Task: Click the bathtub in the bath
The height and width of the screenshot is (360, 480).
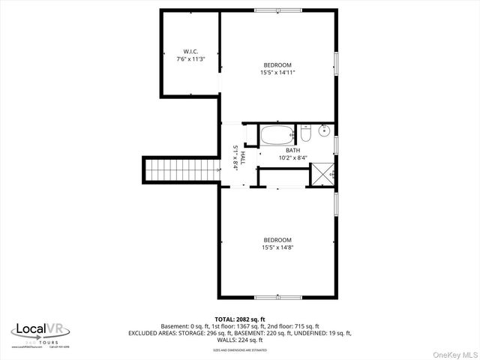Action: point(277,136)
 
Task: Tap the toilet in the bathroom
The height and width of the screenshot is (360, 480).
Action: point(305,135)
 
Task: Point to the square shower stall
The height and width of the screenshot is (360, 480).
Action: point(322,174)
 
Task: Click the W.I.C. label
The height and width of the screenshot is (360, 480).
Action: point(190,52)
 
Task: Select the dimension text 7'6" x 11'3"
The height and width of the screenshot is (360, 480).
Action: point(190,58)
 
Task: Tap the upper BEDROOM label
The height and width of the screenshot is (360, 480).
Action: point(277,65)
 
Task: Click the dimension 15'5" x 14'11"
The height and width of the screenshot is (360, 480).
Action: point(277,73)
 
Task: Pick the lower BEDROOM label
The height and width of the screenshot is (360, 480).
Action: point(277,240)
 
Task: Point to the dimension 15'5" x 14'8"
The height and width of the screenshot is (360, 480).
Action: point(277,247)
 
